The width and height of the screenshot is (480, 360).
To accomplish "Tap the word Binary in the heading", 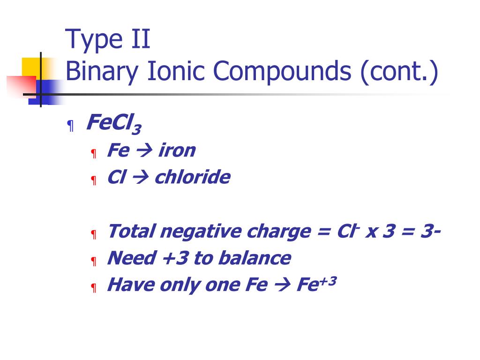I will [x=102, y=72].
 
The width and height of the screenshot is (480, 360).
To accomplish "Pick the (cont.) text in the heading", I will [x=399, y=72].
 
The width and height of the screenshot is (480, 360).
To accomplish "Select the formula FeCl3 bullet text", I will [x=114, y=124].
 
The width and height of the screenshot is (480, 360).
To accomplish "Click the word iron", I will [x=177, y=150].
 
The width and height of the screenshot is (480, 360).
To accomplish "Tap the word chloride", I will [x=192, y=177].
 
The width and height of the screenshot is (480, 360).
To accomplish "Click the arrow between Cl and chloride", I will [x=140, y=178].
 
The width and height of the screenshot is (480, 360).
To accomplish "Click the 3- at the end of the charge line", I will [x=430, y=231].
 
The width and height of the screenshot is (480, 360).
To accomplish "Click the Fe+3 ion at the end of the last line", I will [x=316, y=284].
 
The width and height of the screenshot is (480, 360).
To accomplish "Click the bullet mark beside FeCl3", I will [x=70, y=126].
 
